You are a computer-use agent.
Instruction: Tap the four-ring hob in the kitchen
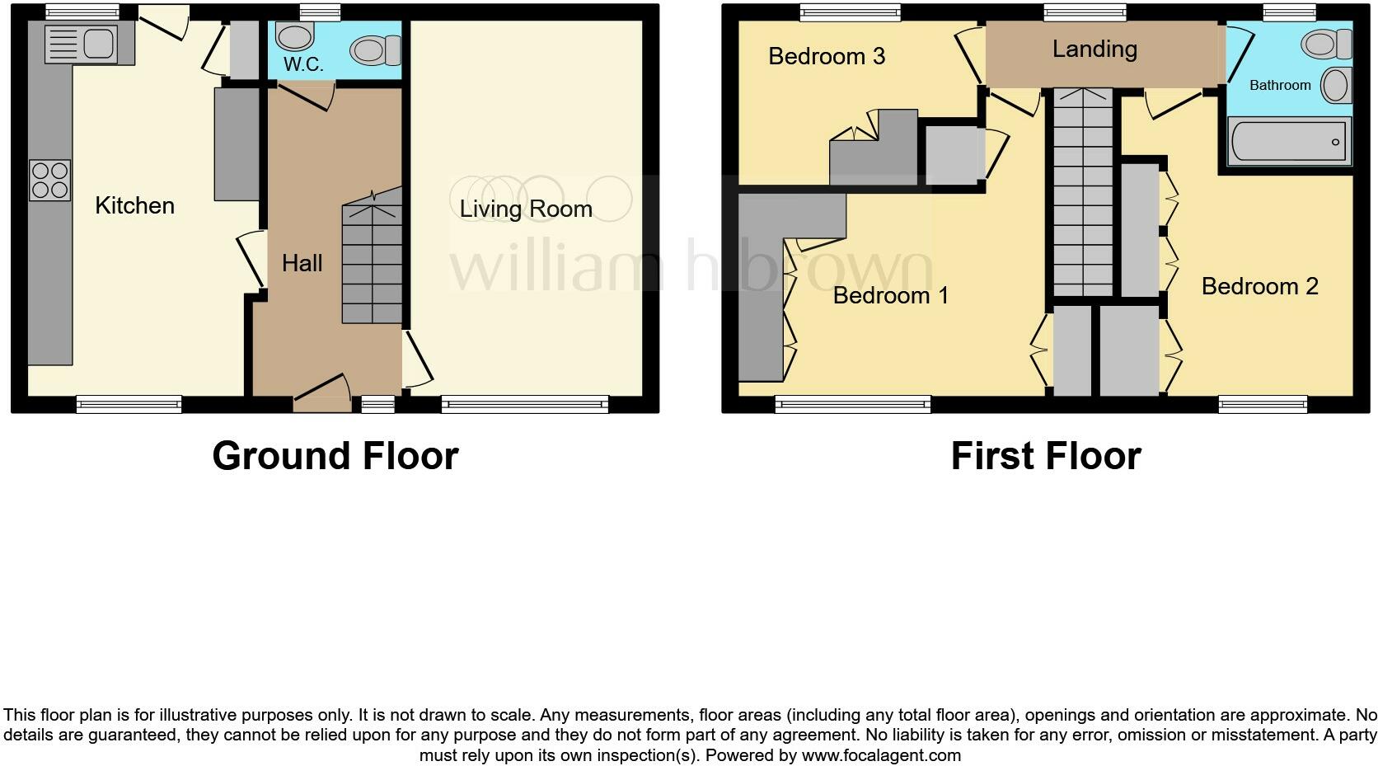49,181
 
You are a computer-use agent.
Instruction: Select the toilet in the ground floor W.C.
374,50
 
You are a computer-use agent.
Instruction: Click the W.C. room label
303,64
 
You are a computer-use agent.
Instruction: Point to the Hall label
302,263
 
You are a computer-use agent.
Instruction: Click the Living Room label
526,209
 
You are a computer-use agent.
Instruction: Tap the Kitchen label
134,205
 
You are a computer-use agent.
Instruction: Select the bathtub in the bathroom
1289,142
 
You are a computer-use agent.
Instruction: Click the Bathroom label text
1279,85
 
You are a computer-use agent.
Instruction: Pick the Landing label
1094,49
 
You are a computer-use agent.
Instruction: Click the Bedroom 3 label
826,56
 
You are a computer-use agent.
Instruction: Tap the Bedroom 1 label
890,295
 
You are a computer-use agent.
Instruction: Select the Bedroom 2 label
1259,286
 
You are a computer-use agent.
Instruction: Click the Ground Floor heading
335,456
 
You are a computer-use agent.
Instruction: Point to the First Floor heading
1045,456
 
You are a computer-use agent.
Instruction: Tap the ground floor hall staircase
373,264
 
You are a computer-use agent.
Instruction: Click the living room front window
524,403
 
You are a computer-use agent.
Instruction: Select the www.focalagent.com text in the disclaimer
880,755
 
